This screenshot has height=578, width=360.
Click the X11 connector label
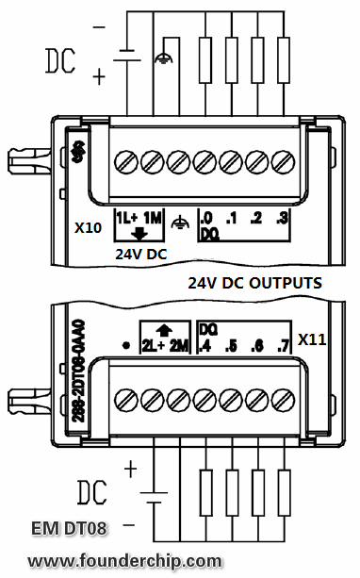coord(312,338)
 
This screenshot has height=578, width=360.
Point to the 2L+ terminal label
coord(154,345)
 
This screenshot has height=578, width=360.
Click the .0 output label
coord(206,218)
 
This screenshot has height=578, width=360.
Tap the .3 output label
coord(280,218)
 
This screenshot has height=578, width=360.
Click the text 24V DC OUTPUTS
coord(254,282)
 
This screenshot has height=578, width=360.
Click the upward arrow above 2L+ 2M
coord(165,329)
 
